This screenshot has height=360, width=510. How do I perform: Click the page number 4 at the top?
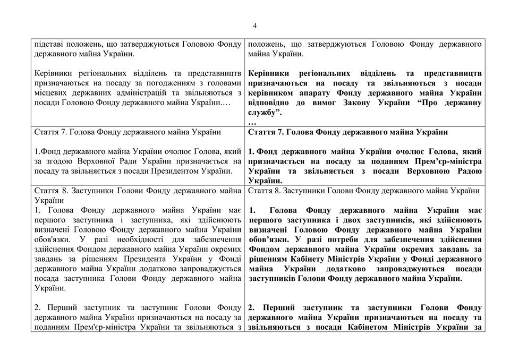pyautogui.click(x=255, y=25)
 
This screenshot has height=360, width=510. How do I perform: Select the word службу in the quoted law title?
pyautogui.click(x=260, y=113)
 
